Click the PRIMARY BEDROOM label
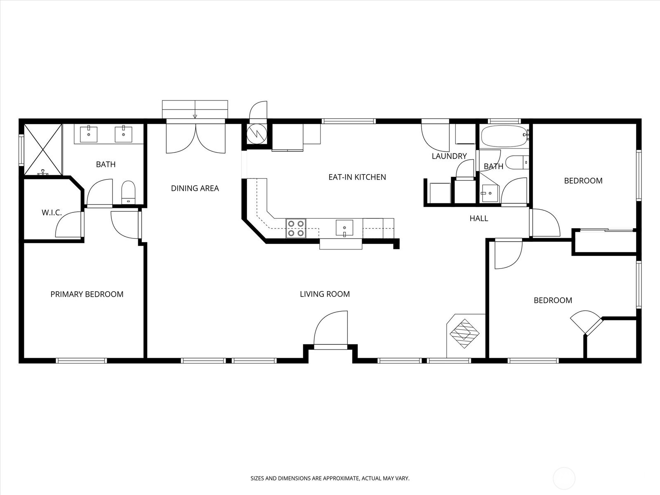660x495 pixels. point(87,294)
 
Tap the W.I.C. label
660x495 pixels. point(52,213)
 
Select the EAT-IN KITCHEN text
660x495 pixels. point(357,177)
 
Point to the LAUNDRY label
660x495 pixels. point(449,156)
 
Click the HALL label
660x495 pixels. point(478,218)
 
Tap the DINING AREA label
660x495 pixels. point(195,188)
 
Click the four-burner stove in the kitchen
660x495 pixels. point(296,229)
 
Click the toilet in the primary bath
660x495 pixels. point(128,192)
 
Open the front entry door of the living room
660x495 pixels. point(330,330)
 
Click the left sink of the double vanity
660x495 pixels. point(88,134)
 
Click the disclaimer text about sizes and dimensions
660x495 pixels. point(330,478)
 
